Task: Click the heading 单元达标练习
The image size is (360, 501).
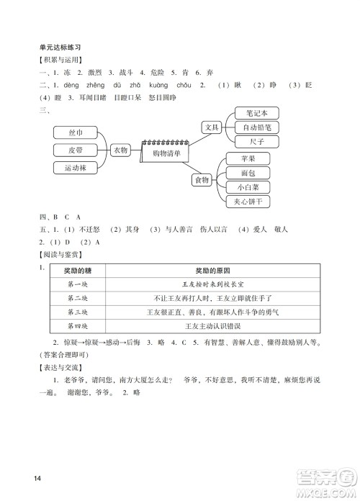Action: pyautogui.click(x=64, y=47)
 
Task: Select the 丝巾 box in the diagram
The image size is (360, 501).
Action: pyautogui.click(x=75, y=134)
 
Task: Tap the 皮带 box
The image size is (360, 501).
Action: pyautogui.click(x=75, y=150)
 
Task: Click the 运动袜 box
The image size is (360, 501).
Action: pyautogui.click(x=75, y=168)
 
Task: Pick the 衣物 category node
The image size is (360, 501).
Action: pyautogui.click(x=120, y=150)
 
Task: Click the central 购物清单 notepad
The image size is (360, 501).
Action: pyautogui.click(x=165, y=153)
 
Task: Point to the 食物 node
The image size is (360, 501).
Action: pyautogui.click(x=202, y=179)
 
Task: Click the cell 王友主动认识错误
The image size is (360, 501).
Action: pyautogui.click(x=217, y=325)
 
